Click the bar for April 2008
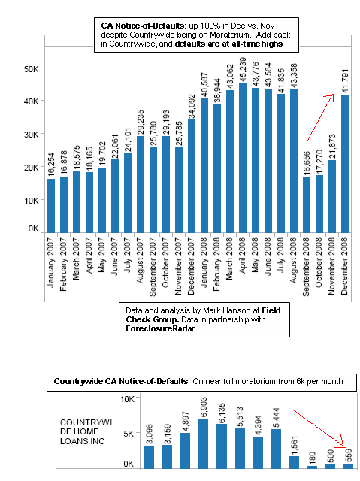point(243,157)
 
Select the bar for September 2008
point(307,205)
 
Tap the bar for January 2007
point(51,205)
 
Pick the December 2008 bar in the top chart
point(345,164)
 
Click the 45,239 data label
point(243,69)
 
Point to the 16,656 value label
point(307,164)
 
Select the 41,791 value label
point(345,81)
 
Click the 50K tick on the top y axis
point(32,69)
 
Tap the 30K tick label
point(32,135)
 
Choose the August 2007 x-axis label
point(141,261)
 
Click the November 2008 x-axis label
point(331,266)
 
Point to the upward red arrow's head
point(334,95)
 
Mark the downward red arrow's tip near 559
point(344,446)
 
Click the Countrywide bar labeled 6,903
point(204,443)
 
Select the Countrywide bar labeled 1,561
point(294,462)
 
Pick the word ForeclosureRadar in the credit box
point(160,328)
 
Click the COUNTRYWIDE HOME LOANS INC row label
point(86,432)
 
